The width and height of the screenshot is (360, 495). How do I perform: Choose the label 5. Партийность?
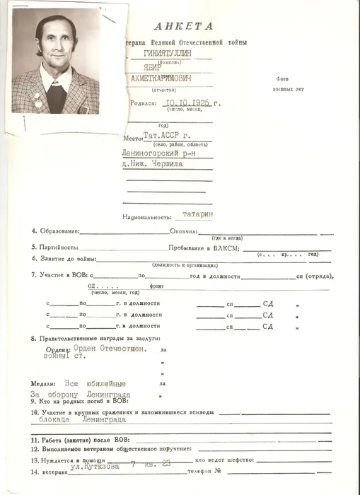click(54, 247)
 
